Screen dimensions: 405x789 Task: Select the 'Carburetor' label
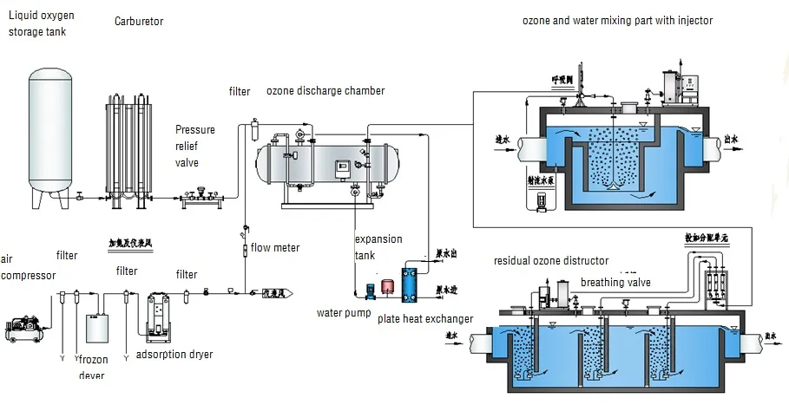coord(139,21)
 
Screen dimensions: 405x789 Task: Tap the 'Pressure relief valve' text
coord(195,146)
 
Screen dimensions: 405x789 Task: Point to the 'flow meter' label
coord(275,248)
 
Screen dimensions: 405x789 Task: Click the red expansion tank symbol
coord(382,286)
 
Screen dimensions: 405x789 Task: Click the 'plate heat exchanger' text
coord(425,319)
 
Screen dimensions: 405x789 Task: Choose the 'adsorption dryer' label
coord(176,355)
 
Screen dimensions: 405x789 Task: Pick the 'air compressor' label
coord(27,268)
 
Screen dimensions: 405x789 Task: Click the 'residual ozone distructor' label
coord(551,261)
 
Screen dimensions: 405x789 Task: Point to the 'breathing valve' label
coord(615,283)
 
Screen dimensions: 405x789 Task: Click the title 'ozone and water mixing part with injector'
coord(617,21)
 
